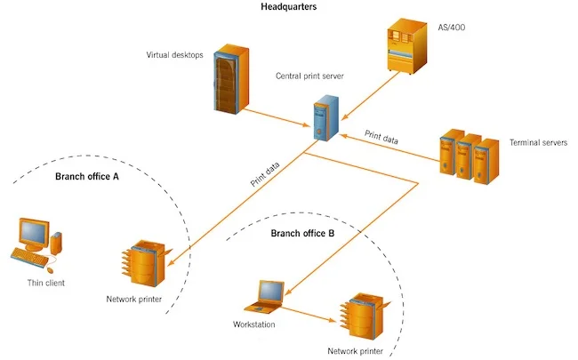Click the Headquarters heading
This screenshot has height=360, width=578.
289,6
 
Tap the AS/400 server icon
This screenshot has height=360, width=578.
407,46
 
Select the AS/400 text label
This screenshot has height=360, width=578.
452,28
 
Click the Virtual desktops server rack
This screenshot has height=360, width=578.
231,79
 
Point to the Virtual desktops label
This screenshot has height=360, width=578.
174,55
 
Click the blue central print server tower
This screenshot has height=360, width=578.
326,118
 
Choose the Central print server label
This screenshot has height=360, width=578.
309,76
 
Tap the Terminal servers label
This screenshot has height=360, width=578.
538,142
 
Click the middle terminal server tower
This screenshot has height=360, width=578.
468,156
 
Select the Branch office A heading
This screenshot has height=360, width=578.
87,177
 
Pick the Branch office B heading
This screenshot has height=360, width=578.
302,233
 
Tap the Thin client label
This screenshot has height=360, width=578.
46,283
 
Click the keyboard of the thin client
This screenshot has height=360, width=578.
29,257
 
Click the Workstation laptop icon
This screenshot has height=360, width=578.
265,297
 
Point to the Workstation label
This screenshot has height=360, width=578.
254,324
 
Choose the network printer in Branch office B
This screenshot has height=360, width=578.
365,316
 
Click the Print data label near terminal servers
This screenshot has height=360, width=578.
381,137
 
